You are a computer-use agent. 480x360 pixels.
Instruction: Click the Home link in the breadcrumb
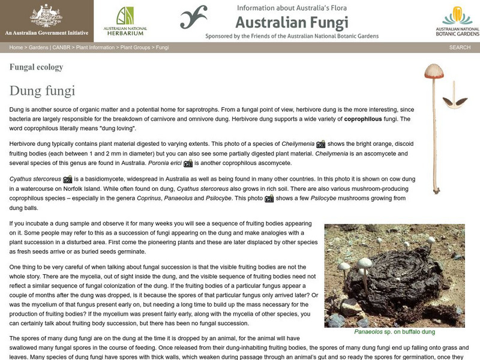(16, 47)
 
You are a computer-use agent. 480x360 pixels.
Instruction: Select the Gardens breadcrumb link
(38, 47)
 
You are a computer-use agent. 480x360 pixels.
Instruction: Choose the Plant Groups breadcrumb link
(136, 47)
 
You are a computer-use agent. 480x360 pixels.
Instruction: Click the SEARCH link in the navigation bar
(459, 47)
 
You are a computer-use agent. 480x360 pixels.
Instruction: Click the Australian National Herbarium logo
(125, 21)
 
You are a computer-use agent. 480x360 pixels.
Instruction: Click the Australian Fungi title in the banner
(291, 23)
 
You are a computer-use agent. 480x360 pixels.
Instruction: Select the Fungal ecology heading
(36, 67)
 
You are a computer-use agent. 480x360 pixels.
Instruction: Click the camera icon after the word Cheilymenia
(321, 144)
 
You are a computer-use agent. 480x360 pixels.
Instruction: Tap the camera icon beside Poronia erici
(188, 163)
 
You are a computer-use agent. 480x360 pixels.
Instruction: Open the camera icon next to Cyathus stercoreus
(68, 179)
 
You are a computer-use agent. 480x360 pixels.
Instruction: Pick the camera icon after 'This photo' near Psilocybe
(269, 199)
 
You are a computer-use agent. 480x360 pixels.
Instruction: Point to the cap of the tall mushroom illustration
(433, 71)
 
